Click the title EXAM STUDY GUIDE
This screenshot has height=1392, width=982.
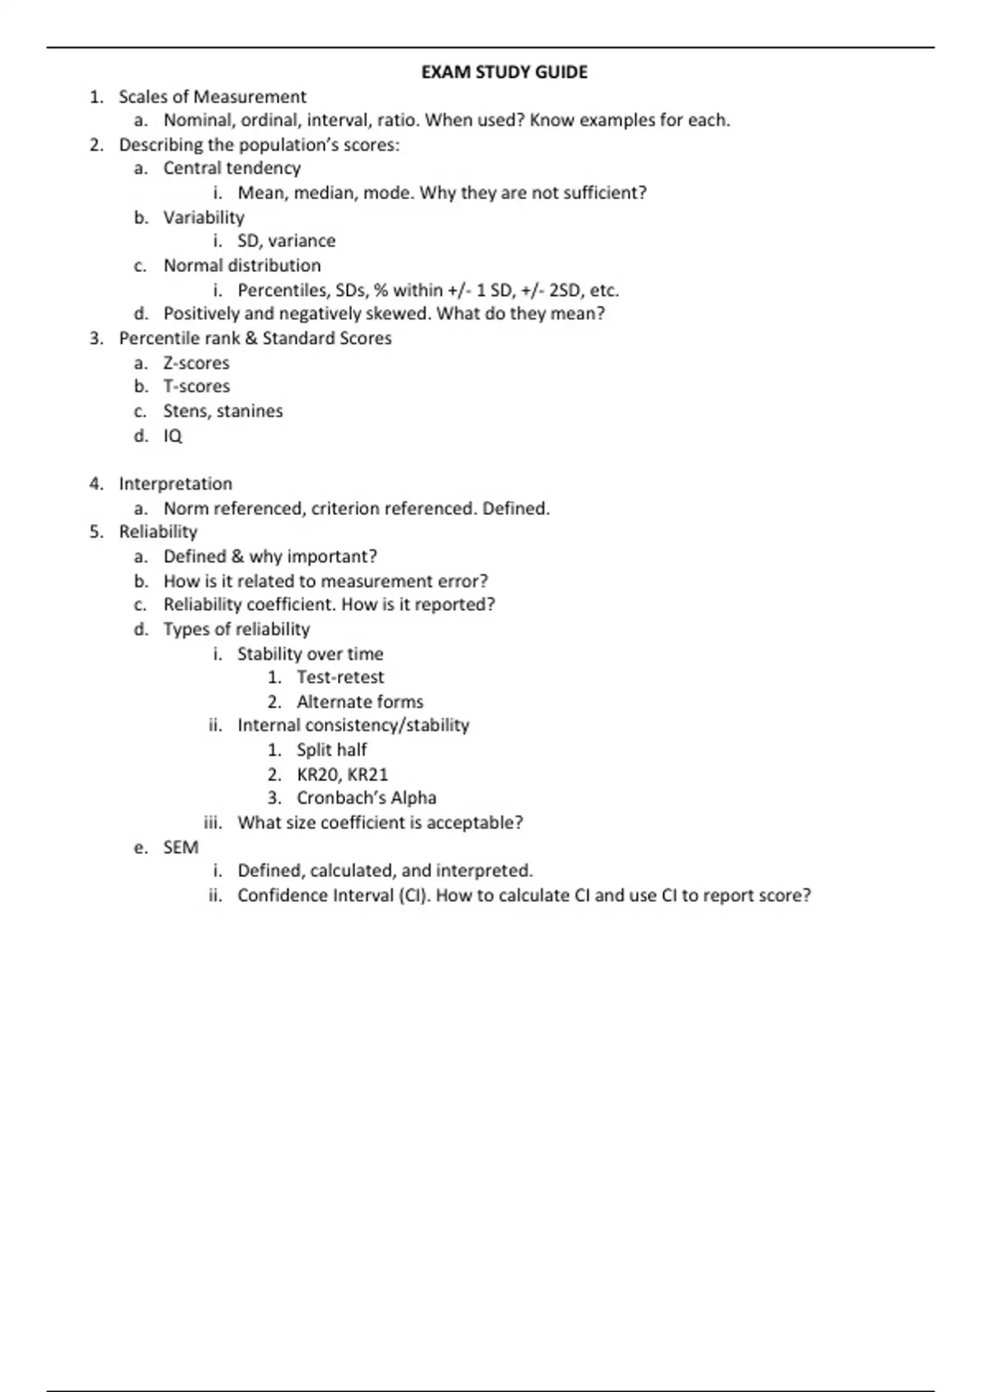tap(504, 72)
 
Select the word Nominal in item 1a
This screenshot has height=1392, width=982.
tap(199, 120)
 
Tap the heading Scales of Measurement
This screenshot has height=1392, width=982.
tap(212, 97)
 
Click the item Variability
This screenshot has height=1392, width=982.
tap(204, 217)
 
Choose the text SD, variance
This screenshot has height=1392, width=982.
tap(286, 241)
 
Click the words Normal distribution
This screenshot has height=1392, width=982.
tap(242, 265)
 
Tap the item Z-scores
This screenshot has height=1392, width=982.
tap(196, 363)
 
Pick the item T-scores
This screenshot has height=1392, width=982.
tap(196, 386)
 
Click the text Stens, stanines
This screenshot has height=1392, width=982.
tap(223, 411)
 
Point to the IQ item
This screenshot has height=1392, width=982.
tap(173, 436)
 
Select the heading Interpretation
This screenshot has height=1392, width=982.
tap(175, 484)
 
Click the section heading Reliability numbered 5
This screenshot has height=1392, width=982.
tap(158, 532)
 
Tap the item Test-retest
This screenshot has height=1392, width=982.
tap(340, 677)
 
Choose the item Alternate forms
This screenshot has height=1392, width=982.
tap(360, 702)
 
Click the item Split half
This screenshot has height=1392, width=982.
tap(331, 750)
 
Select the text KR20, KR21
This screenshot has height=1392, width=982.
tap(342, 775)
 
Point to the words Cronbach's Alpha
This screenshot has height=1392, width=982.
tap(366, 798)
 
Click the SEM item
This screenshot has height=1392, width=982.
tap(181, 847)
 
